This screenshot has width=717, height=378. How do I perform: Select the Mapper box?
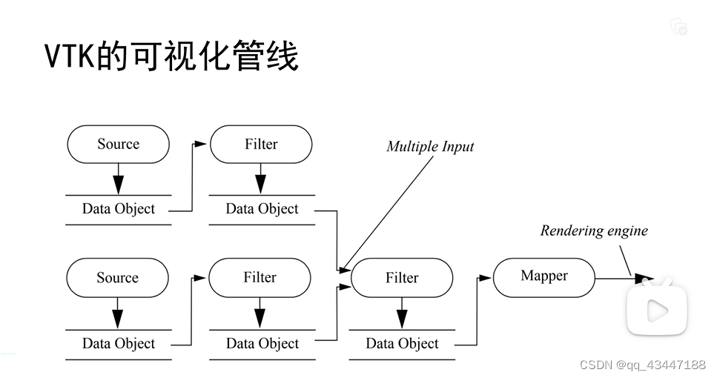[544, 276]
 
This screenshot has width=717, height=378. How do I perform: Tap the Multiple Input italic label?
[430, 146]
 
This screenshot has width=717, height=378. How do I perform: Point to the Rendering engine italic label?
[593, 231]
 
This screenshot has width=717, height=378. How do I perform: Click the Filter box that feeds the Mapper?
[402, 278]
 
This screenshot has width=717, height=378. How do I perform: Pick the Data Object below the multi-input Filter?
[402, 344]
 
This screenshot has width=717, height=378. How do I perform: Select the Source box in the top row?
[118, 145]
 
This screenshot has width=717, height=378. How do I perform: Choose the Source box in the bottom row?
[118, 278]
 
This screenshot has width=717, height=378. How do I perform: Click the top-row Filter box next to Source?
[261, 145]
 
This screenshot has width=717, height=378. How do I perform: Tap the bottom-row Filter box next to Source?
[260, 278]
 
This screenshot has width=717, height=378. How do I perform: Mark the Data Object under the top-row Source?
[119, 209]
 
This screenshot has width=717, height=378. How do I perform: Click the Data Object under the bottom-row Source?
[119, 344]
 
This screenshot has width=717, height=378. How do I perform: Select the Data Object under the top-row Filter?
[262, 209]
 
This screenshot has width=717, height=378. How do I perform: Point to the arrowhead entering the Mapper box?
[486, 278]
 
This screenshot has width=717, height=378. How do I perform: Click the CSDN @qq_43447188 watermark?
[642, 365]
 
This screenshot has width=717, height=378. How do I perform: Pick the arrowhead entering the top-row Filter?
[202, 145]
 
